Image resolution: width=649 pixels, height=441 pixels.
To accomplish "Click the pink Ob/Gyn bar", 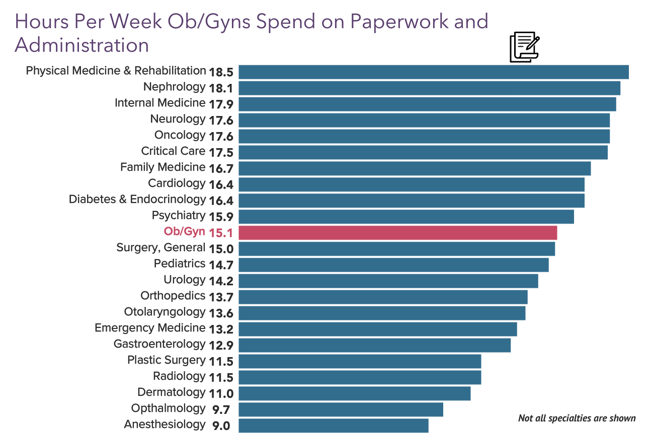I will (x=397, y=233).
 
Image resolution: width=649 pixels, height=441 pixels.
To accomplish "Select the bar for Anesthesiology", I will (x=333, y=425).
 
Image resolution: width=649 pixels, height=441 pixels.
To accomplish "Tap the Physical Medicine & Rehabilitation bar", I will (x=433, y=72).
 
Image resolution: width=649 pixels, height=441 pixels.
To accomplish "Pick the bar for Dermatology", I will (x=354, y=393).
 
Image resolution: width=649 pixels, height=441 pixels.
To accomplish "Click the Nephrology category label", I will (x=174, y=87).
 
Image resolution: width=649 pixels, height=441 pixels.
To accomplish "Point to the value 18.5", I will (x=221, y=72).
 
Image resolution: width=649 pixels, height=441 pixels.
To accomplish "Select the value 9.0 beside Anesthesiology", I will (x=221, y=426).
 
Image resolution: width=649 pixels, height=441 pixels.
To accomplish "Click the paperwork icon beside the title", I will (x=524, y=47).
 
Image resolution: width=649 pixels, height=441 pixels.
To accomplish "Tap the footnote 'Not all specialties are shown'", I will (x=577, y=418).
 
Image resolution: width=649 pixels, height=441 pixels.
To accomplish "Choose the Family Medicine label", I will (x=163, y=167).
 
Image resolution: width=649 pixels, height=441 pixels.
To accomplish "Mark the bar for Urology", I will (x=388, y=281).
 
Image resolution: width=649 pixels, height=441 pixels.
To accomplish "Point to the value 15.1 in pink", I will (x=221, y=233).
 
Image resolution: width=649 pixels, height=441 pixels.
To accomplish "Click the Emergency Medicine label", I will (x=150, y=328).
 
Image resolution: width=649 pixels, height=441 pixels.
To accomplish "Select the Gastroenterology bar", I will (x=374, y=345).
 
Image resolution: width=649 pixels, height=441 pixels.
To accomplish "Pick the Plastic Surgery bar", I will (x=360, y=361).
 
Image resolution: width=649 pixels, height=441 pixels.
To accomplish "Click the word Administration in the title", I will (x=82, y=45).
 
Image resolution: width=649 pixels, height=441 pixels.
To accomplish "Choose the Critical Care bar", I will (x=423, y=152).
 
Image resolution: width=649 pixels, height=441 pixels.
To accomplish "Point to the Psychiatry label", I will (x=179, y=215).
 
